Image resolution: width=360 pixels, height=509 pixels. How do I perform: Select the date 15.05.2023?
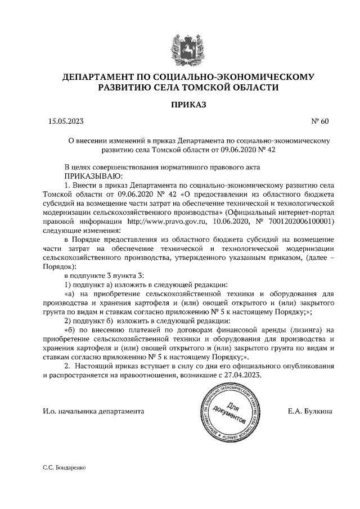[66, 120]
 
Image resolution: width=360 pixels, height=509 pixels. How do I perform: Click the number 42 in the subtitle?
[270, 150]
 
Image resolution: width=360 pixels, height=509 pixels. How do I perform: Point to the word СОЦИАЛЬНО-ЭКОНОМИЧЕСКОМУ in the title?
[237, 76]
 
